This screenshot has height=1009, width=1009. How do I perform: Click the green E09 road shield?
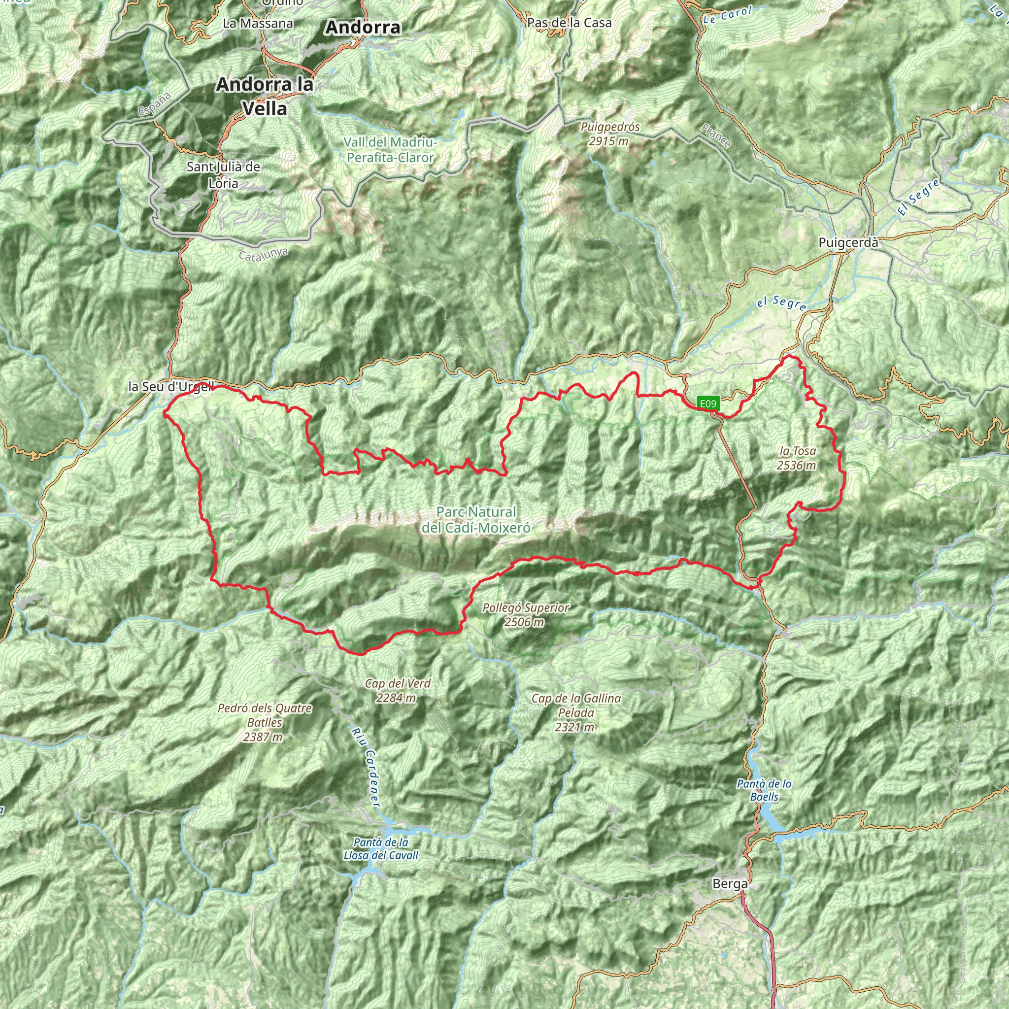pyautogui.click(x=708, y=403)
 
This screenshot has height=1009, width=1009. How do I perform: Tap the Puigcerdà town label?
pyautogui.click(x=848, y=243)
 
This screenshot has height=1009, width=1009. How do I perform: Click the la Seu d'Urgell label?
pyautogui.click(x=171, y=387)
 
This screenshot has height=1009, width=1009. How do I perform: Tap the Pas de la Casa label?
pyautogui.click(x=569, y=23)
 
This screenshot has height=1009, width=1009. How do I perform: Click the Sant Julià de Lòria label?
pyautogui.click(x=224, y=175)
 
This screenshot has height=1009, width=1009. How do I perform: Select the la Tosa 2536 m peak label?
pyautogui.click(x=797, y=458)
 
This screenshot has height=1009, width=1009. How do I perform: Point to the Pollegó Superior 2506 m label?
pyautogui.click(x=525, y=615)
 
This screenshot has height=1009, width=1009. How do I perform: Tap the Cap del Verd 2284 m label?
pyautogui.click(x=398, y=690)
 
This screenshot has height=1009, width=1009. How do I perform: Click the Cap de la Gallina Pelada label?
pyautogui.click(x=575, y=712)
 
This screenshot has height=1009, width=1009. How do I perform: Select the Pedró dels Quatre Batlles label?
pyautogui.click(x=264, y=722)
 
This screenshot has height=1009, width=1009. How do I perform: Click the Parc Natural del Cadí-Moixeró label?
pyautogui.click(x=476, y=520)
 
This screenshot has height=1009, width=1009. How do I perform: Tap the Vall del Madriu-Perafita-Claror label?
pyautogui.click(x=390, y=150)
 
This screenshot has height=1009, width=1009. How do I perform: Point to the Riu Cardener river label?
pyautogui.click(x=365, y=768)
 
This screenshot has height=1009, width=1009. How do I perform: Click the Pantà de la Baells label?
pyautogui.click(x=764, y=790)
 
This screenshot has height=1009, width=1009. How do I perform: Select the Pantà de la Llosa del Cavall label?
pyautogui.click(x=381, y=849)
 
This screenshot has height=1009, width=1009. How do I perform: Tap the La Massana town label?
pyautogui.click(x=258, y=24)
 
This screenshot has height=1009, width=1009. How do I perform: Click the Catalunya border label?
pyautogui.click(x=263, y=254)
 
